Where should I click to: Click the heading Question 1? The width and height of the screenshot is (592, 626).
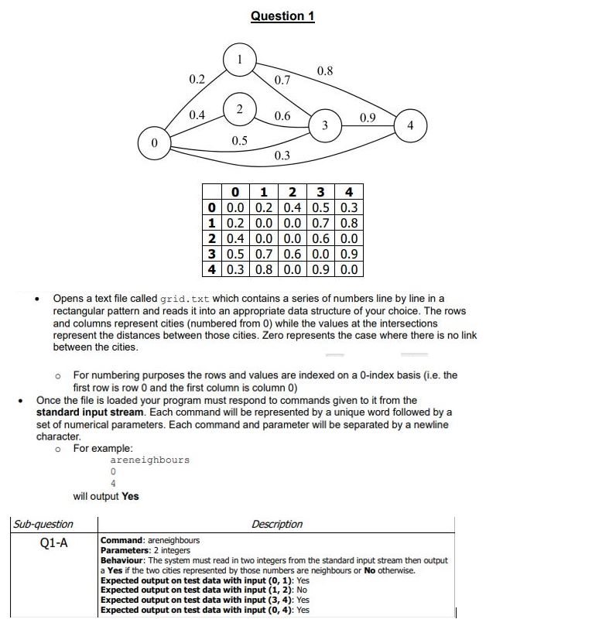(282, 16)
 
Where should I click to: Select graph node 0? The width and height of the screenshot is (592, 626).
(154, 143)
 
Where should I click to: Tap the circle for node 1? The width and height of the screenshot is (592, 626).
(240, 59)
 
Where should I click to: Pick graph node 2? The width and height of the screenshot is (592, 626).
(239, 108)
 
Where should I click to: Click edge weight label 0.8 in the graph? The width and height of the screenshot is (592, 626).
(325, 71)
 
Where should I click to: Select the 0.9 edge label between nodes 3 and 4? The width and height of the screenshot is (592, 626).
(368, 118)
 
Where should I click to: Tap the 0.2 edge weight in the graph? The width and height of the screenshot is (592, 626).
(197, 79)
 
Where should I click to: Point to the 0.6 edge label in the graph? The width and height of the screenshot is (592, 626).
(282, 116)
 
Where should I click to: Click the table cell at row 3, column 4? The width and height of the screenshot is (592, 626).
(349, 253)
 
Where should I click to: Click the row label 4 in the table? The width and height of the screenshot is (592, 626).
(210, 269)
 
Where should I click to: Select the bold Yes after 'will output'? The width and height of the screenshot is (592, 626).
(130, 496)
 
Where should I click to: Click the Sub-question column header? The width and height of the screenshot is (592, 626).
(44, 525)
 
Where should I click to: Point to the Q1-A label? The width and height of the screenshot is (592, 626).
(53, 542)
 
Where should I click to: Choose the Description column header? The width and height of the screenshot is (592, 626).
(277, 525)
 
